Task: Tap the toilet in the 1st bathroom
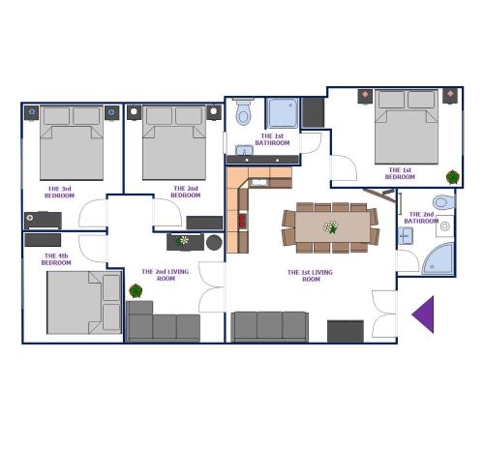tap(243, 111)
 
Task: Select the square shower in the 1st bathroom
tap(282, 113)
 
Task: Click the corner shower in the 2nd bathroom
tap(439, 259)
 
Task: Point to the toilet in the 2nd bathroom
tap(443, 202)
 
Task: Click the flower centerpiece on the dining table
tap(330, 227)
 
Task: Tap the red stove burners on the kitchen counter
tap(242, 221)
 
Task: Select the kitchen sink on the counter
tap(259, 183)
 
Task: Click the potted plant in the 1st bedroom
tap(453, 177)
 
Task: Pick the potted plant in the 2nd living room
tap(136, 291)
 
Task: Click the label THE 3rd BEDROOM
tap(59, 192)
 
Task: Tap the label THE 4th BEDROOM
tap(56, 259)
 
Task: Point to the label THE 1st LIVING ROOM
tap(310, 276)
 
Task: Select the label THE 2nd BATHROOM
tap(421, 218)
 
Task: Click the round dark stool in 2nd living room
tap(214, 243)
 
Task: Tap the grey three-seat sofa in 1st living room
tap(270, 326)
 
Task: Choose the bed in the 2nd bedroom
tap(174, 142)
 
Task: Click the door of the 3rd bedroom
tap(93, 213)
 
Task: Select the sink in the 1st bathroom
tap(244, 150)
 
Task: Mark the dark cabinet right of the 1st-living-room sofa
tap(346, 331)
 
